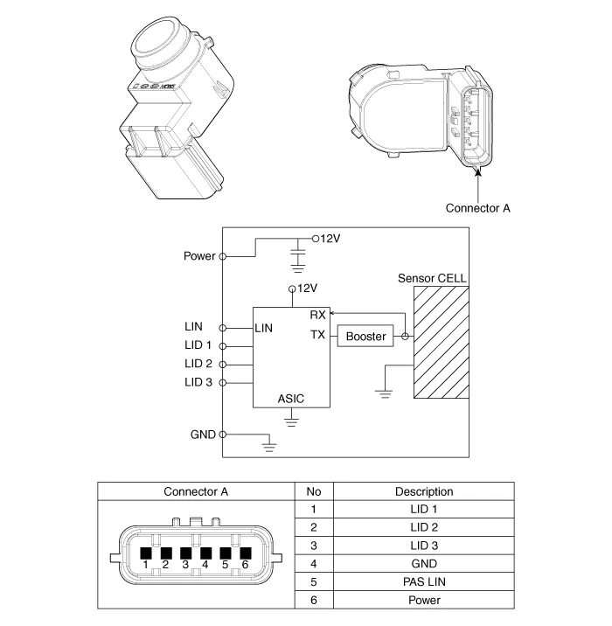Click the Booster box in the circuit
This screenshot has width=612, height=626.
point(365,336)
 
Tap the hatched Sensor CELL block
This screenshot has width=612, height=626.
point(442,342)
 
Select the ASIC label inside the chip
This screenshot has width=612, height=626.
point(291,399)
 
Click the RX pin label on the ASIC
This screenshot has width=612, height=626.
point(317,315)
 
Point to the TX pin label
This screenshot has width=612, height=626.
point(317,335)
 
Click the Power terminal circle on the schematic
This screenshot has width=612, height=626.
point(223,256)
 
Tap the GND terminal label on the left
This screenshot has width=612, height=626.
point(203,435)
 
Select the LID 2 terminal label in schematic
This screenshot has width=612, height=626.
point(198,364)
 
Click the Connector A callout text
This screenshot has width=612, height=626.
point(478,208)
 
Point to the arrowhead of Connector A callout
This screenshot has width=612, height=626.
point(478,171)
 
